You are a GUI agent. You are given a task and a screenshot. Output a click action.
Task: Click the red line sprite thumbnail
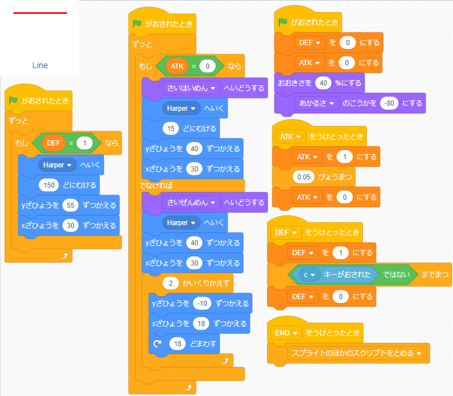40,13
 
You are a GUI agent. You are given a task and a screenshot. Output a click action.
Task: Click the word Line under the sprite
40,65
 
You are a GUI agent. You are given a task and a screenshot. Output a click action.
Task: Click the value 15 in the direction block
169,128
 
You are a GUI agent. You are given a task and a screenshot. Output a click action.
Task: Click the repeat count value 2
172,283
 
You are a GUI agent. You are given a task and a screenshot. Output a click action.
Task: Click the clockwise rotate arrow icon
157,343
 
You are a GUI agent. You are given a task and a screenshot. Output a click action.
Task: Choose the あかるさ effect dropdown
317,103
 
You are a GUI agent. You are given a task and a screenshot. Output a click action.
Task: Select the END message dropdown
288,333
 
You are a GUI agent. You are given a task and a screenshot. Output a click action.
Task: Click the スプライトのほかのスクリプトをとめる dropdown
357,353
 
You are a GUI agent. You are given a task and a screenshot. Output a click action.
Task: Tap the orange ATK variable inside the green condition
176,66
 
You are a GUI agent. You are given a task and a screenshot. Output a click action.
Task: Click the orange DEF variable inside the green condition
53,143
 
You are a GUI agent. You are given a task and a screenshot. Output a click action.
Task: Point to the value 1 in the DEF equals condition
84,143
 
